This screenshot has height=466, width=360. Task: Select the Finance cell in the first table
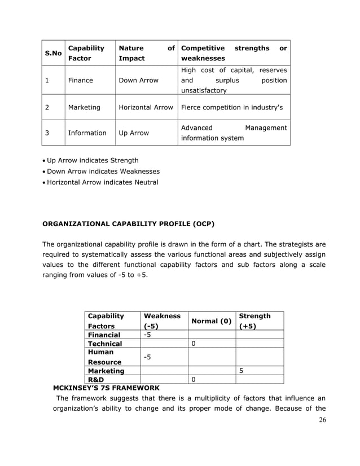click(81, 80)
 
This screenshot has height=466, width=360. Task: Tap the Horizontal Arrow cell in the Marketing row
click(146, 107)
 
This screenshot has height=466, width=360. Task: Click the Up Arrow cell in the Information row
click(134, 133)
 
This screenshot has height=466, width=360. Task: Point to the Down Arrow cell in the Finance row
click(138, 80)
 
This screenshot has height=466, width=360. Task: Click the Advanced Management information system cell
click(234, 133)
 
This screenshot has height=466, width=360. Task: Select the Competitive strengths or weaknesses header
click(234, 53)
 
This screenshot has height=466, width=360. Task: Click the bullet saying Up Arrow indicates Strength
click(93, 160)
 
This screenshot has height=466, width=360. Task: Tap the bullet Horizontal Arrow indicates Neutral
click(102, 182)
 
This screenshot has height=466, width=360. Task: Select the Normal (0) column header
click(212, 321)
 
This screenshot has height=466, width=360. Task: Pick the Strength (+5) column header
click(254, 321)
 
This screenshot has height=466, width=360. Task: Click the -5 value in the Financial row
click(148, 335)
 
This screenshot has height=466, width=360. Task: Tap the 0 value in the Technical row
click(194, 344)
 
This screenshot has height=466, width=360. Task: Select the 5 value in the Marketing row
click(241, 371)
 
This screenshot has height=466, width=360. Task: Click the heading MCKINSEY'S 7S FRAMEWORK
click(106, 388)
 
